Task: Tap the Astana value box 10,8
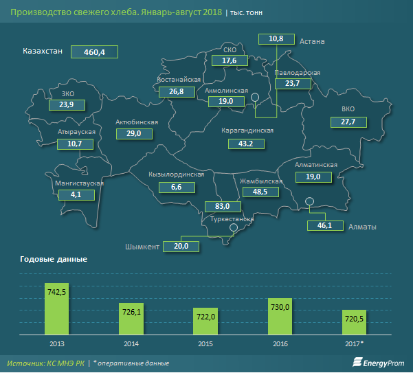click(x=277, y=39)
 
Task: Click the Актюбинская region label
click(x=137, y=122)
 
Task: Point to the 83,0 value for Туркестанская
click(x=223, y=206)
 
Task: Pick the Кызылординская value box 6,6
click(x=176, y=187)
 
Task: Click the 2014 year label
click(x=133, y=342)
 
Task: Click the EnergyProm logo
click(x=378, y=363)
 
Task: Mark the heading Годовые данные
click(x=54, y=260)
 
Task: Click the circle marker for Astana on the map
click(x=255, y=98)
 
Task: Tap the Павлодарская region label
click(x=298, y=72)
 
